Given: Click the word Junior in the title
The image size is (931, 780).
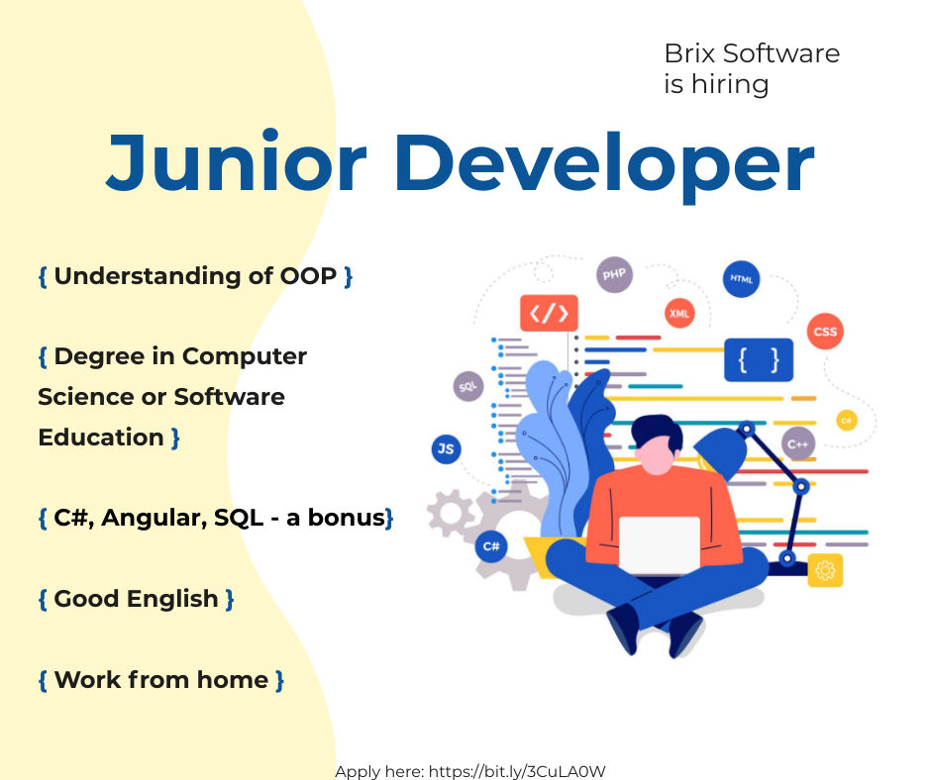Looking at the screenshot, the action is coord(237,161).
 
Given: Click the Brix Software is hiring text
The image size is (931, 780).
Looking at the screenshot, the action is coord(752,68).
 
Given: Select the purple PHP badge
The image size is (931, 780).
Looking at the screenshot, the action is coord(614,274).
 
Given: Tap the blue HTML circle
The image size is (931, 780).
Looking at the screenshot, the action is coord(741,278).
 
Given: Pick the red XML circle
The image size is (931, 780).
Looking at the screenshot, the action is coord(679,314).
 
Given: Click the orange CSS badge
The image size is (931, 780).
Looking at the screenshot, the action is coord(825,332).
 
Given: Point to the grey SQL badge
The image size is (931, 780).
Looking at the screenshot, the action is coord(467,386).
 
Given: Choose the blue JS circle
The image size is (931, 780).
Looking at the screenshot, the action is coord(446,448).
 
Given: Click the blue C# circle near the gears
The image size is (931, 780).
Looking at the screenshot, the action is coord(491,546).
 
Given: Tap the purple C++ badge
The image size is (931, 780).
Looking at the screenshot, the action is coord(797,443).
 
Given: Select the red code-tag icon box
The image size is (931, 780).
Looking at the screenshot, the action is coord(549,313).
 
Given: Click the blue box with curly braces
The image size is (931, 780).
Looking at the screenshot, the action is coord(759,359).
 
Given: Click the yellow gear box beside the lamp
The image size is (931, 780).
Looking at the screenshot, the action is coord(825,570).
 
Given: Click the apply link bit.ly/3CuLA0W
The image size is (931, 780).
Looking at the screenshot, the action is coord(517,771).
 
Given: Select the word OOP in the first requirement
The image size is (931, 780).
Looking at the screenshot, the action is coord(308,276).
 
